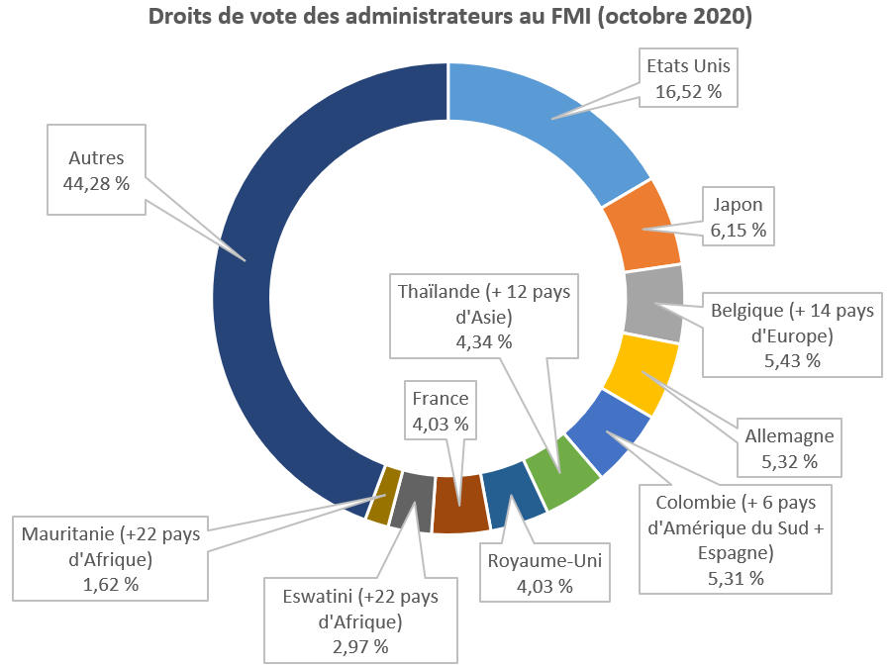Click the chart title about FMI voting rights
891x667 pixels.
pos(448,17)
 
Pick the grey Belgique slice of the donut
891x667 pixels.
pos(654,301)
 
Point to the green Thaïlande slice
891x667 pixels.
pos(561,475)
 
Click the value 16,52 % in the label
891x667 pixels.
pos(688,92)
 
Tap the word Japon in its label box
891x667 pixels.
pos(739,205)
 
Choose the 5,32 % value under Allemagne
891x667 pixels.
pos(789,460)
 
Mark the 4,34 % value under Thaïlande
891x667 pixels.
pos(483,341)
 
